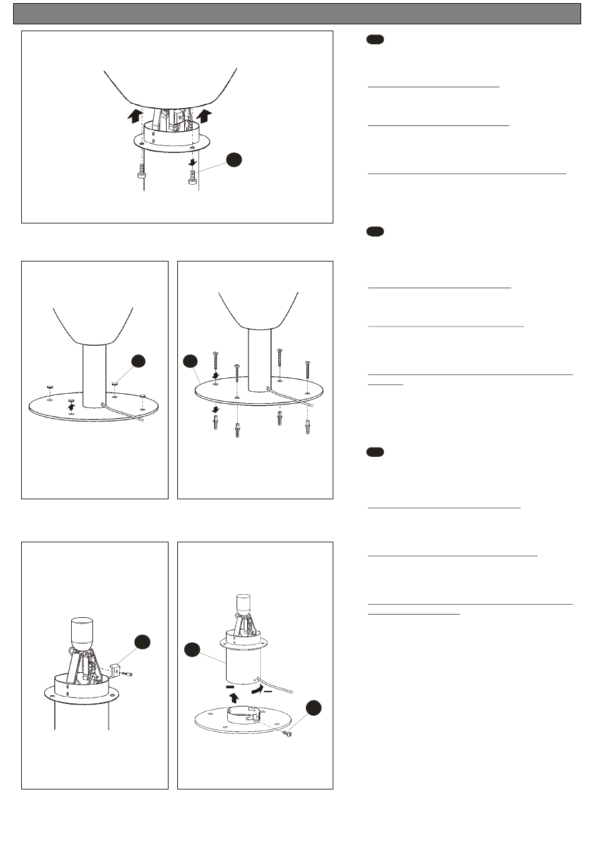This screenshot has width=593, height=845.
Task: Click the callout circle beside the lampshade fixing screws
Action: [233, 160]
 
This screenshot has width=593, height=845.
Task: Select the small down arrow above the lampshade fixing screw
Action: [193, 162]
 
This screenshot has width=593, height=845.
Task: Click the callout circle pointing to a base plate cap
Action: [139, 361]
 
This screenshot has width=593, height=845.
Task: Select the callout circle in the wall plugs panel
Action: [190, 361]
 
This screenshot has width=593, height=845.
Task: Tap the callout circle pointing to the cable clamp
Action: [142, 642]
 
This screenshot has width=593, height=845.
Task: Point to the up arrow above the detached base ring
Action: [234, 697]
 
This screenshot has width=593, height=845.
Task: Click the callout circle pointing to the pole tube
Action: [192, 650]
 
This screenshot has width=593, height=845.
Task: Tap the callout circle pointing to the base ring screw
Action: [313, 707]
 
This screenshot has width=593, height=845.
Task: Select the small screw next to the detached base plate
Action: [287, 734]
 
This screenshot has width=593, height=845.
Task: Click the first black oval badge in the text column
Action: [375, 40]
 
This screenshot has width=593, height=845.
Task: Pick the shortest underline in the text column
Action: [385, 385]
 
